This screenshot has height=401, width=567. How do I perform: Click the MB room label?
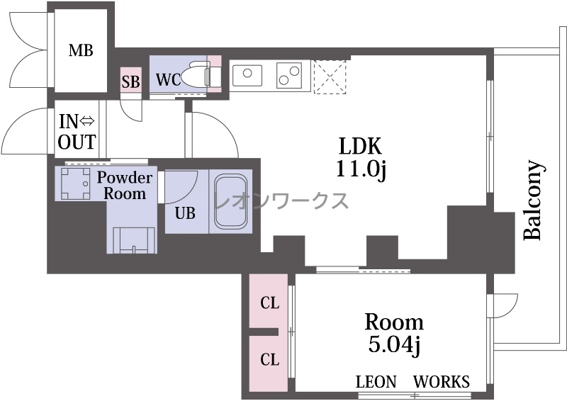point(81,50)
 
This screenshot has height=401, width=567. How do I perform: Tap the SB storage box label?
point(130,82)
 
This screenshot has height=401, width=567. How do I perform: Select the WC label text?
point(168,79)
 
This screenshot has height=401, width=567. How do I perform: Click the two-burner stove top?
point(289,76)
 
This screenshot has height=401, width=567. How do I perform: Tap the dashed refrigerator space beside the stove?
point(330,77)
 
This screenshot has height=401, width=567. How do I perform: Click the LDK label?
point(360,146)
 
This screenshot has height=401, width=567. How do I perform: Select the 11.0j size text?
point(361,169)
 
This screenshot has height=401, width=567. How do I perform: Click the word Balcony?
point(534,200)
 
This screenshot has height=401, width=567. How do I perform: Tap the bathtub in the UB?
point(231,201)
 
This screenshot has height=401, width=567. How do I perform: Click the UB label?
point(185,213)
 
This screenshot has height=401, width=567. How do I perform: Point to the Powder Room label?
point(125,185)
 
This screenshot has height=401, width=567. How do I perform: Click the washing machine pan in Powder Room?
point(75,183)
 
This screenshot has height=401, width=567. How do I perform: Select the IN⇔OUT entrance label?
point(77,132)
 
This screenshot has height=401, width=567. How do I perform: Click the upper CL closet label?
point(270,303)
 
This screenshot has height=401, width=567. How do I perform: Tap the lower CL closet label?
point(270,359)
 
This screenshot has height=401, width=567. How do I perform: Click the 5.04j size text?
point(394,345)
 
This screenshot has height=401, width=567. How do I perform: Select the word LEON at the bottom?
point(376,382)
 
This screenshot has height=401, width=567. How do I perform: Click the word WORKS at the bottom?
point(442,382)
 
